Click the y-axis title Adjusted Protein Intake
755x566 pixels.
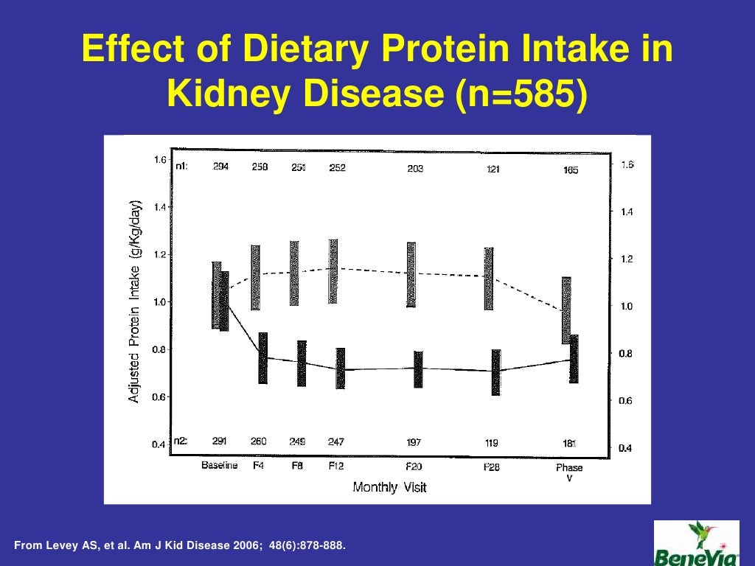134,303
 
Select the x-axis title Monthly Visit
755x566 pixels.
389,486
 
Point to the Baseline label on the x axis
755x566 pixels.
219,467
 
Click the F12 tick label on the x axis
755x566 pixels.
336,467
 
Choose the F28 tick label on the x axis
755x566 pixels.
492,467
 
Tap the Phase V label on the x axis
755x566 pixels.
568,472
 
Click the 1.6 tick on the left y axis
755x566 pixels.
159,160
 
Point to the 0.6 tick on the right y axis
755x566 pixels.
624,401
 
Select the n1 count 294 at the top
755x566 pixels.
220,167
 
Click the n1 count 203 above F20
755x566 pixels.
415,169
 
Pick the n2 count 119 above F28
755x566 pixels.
491,443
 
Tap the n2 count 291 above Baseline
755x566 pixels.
219,441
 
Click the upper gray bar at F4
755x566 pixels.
255,277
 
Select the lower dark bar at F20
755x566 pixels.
418,369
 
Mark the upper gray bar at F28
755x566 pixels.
488,279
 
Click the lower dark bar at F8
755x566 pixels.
301,363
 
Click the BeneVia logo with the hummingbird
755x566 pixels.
696,543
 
